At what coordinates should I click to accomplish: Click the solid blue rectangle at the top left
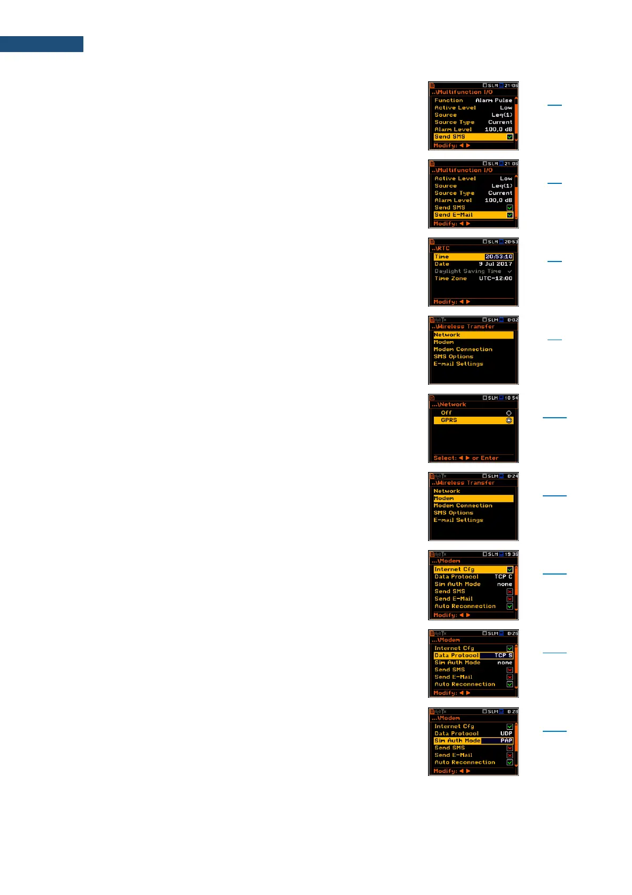pos(41,44)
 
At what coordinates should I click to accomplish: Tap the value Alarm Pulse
pos(493,100)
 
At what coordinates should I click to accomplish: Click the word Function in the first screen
pos(448,100)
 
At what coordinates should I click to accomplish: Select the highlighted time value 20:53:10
pos(499,257)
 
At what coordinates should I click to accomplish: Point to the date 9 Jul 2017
pos(495,264)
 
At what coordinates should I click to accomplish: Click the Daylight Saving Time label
pos(467,271)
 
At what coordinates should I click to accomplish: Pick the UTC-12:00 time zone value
pos(495,278)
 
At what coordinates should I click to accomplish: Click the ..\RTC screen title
pos(441,248)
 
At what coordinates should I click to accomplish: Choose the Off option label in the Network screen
pos(446,413)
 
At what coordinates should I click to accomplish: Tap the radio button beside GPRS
pos(509,420)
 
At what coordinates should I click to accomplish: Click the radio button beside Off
pos(509,413)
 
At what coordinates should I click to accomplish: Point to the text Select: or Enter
pos(465,458)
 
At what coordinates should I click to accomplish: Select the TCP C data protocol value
pos(503,577)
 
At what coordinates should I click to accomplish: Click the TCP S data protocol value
pos(503,655)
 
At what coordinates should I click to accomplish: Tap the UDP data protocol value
pos(506,733)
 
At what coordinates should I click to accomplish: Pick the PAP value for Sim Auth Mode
pos(506,741)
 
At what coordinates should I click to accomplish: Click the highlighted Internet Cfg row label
pos(454,569)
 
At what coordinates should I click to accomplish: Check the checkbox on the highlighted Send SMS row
pos(509,137)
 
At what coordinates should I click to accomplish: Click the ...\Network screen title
pos(449,404)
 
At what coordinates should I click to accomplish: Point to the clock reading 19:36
pos(511,554)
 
